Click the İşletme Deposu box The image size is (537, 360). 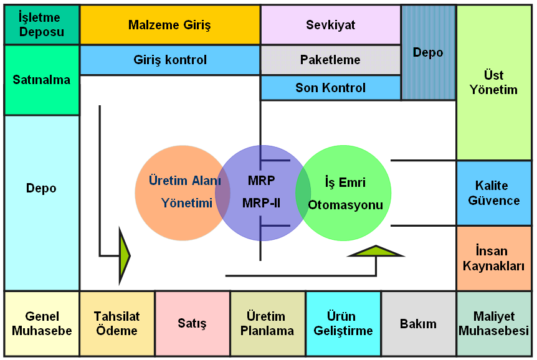point(41,25)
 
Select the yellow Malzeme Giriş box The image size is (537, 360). point(169,25)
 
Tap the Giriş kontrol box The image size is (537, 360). point(169,60)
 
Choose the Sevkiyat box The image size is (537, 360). point(330,25)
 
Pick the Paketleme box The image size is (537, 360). point(330,60)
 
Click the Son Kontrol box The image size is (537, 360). point(330,88)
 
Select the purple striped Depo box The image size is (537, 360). point(428,52)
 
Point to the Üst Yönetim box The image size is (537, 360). point(493,82)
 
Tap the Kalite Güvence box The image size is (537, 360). point(493,193)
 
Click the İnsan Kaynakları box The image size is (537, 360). point(493,258)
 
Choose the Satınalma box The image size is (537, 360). point(41,80)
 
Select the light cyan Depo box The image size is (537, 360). point(41,202)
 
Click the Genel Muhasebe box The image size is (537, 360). point(41,323)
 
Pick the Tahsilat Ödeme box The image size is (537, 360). point(116,323)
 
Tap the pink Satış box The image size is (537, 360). point(192,323)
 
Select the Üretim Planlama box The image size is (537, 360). point(267,323)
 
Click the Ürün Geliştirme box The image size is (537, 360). point(343,323)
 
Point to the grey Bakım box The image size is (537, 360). point(418,323)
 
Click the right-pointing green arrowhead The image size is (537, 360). point(124,255)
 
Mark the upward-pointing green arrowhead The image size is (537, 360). point(376,252)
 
